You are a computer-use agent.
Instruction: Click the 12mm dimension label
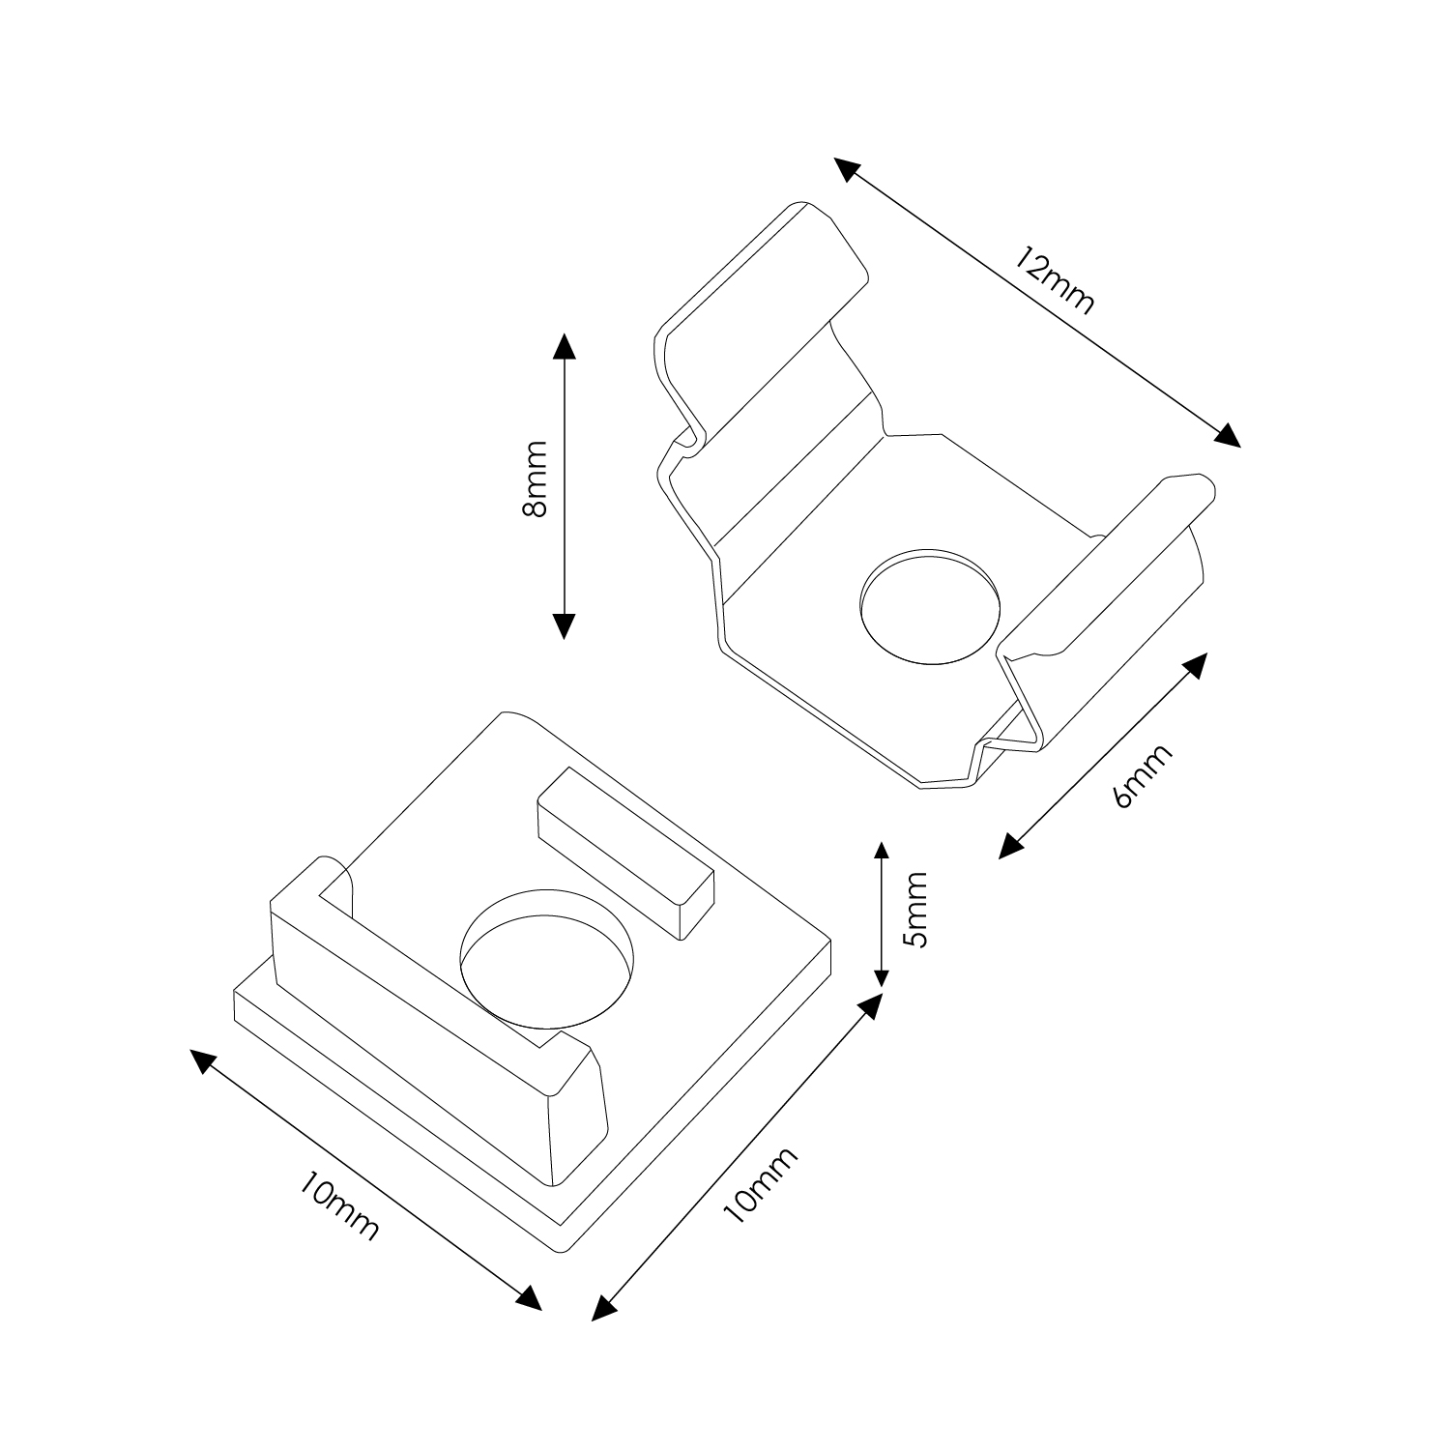tap(1056, 280)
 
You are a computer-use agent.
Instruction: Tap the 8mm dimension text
tap(533, 479)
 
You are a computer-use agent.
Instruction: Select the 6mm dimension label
tap(1143, 775)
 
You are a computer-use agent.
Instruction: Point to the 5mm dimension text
tap(914, 911)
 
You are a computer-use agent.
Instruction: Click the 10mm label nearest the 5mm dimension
tap(761, 1186)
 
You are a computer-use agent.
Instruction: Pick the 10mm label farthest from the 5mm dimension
tap(338, 1205)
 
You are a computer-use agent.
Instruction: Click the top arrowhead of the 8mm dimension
tap(564, 346)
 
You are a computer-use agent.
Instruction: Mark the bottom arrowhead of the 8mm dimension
tap(564, 625)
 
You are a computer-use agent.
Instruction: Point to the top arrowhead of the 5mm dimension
tap(880, 854)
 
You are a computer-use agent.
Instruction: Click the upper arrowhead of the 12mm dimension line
tap(847, 170)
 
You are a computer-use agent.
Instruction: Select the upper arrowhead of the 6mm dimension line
tap(1196, 664)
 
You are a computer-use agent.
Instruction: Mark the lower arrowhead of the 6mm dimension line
tap(1010, 846)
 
